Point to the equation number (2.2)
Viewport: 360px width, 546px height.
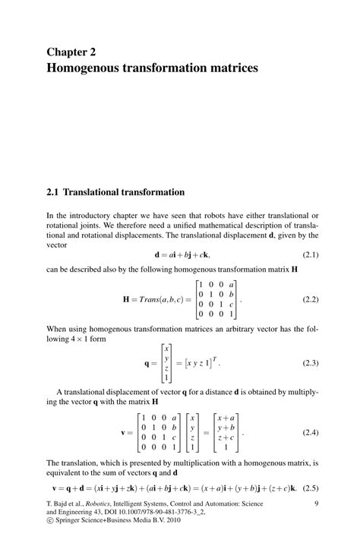(x=310, y=299)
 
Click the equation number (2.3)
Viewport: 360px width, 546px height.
(x=310, y=364)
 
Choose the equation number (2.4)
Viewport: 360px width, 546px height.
(x=310, y=432)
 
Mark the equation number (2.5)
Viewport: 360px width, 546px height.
(x=310, y=488)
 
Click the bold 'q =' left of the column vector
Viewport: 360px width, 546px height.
(x=149, y=364)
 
